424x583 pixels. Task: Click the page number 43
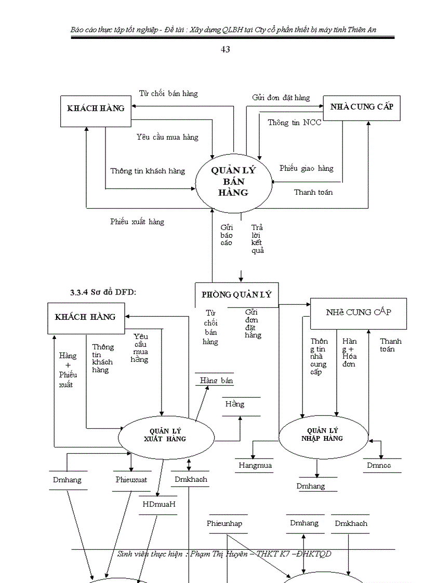pyautogui.click(x=226, y=50)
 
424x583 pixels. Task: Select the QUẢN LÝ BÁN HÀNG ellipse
pyautogui.click(x=233, y=182)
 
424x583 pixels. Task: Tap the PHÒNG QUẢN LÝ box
pyautogui.click(x=236, y=294)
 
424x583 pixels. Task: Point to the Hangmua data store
pyautogui.click(x=255, y=466)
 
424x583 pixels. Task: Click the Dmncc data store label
pyautogui.click(x=378, y=466)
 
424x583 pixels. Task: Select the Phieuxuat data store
pyautogui.click(x=131, y=480)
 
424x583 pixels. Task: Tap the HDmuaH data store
pyautogui.click(x=159, y=504)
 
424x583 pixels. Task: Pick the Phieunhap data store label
pyautogui.click(x=224, y=523)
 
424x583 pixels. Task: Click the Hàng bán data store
pyautogui.click(x=216, y=381)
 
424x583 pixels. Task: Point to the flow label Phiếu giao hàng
pyautogui.click(x=306, y=168)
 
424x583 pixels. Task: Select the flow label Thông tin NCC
pyautogui.click(x=294, y=123)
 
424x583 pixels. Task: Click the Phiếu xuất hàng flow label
pyautogui.click(x=137, y=222)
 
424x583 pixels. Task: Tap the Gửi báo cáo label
pyautogui.click(x=227, y=235)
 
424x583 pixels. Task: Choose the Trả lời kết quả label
pyautogui.click(x=257, y=239)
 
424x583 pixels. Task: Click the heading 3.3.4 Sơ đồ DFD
pyautogui.click(x=103, y=292)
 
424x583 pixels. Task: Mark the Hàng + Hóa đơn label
pyautogui.click(x=349, y=352)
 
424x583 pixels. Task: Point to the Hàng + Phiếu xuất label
pyautogui.click(x=68, y=370)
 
